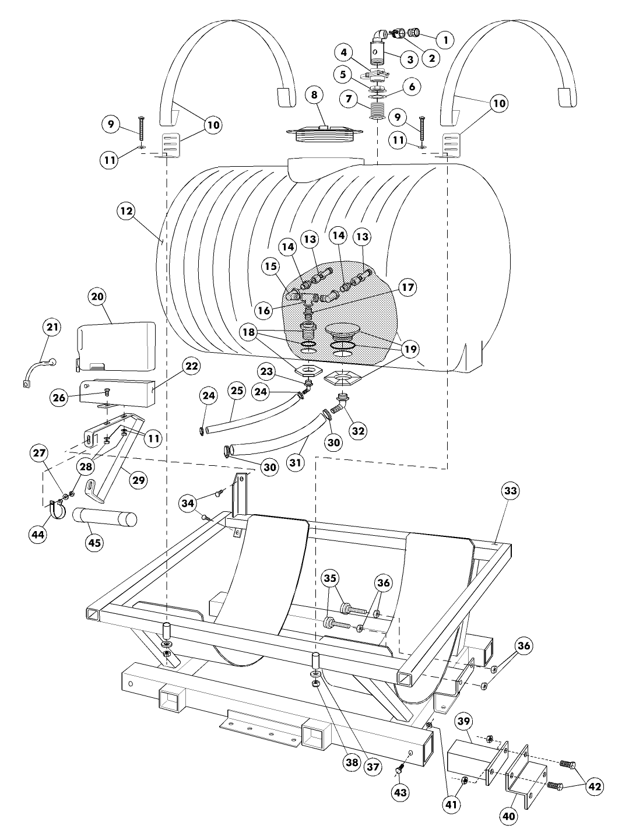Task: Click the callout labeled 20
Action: [98, 296]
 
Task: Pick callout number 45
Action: [94, 543]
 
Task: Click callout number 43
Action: [400, 792]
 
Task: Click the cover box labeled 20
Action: [117, 346]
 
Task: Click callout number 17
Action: [407, 287]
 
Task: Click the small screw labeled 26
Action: [106, 392]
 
